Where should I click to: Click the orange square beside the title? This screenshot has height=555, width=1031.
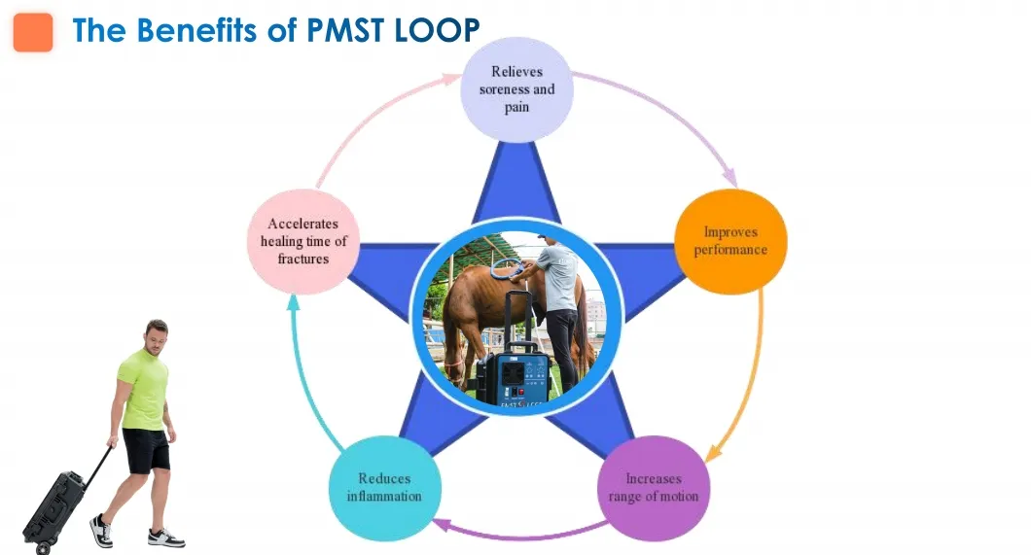[x=33, y=32]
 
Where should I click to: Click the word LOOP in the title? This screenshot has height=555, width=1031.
[x=439, y=31]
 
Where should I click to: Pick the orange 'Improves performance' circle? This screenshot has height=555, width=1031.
[x=730, y=241]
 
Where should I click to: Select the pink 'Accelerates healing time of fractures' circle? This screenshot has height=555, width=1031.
[x=305, y=241]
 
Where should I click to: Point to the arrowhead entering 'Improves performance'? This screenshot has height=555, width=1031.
[x=730, y=179]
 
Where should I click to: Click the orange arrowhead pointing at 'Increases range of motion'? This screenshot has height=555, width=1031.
[x=712, y=453]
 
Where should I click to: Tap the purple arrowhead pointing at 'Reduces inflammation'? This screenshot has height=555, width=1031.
[x=440, y=526]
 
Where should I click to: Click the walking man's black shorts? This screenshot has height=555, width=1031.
[x=147, y=450]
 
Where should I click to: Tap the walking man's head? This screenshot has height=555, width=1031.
[x=156, y=334]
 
